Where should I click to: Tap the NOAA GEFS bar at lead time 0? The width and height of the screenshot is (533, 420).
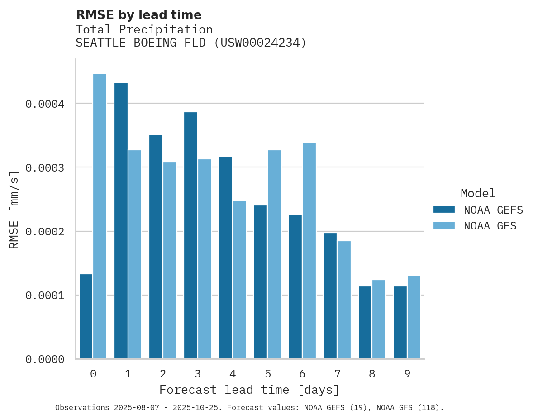click(86, 316)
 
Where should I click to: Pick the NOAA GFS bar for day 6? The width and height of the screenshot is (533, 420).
click(309, 251)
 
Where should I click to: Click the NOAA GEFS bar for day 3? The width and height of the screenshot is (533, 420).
click(190, 235)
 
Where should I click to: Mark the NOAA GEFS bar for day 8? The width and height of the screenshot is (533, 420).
click(365, 323)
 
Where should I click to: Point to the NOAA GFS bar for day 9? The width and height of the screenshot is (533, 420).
click(414, 317)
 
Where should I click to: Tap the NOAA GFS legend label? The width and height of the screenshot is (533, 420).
click(490, 225)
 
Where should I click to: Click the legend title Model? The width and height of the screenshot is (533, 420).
click(478, 193)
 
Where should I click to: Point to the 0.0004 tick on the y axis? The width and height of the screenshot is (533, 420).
click(45, 104)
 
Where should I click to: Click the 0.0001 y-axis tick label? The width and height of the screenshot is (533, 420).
click(45, 296)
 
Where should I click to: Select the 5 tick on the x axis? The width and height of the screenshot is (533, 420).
click(268, 374)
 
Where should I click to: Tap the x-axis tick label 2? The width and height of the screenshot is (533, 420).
click(163, 374)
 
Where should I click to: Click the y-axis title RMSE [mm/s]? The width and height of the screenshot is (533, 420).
click(14, 210)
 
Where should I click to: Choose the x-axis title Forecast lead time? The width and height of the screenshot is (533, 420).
click(249, 390)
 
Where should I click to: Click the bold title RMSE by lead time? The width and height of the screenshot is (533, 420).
click(138, 15)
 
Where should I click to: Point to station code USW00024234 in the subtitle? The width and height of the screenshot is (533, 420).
click(260, 43)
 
